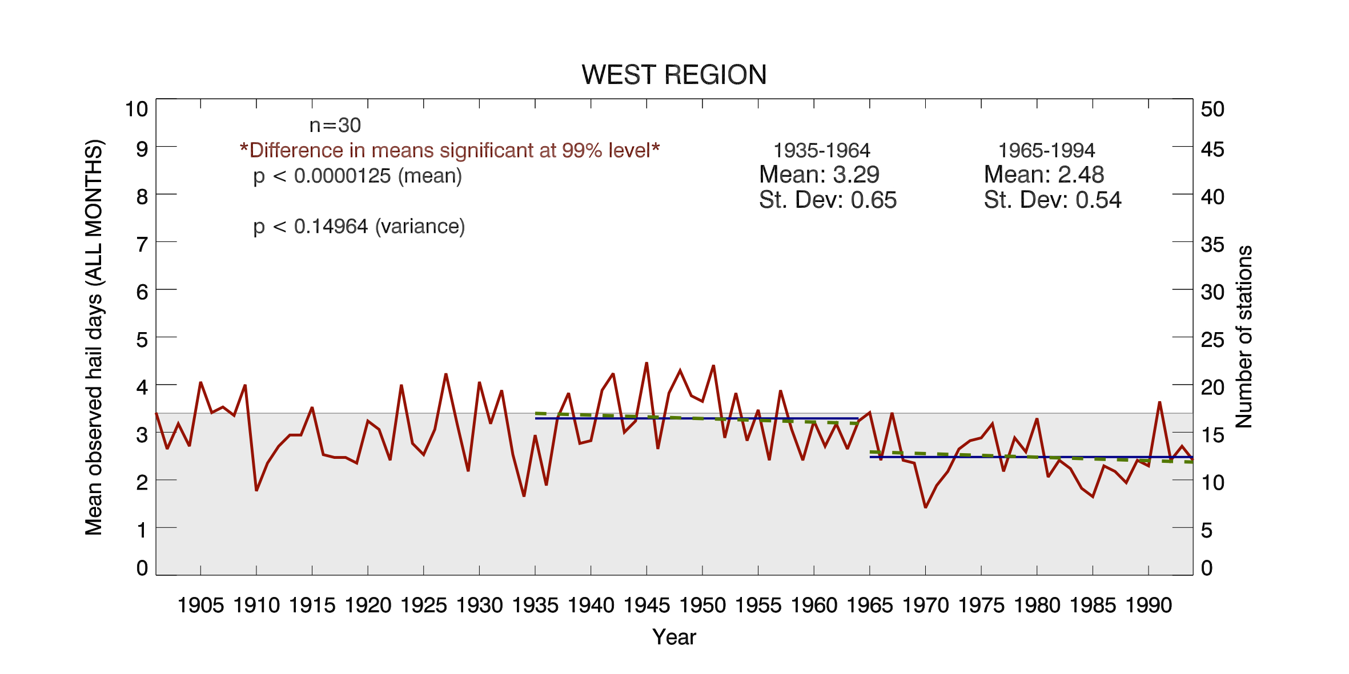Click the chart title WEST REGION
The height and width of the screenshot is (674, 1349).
click(674, 75)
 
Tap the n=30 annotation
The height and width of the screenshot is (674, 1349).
click(335, 126)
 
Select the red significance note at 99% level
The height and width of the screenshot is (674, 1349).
click(450, 151)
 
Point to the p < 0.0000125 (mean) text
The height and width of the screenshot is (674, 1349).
click(358, 176)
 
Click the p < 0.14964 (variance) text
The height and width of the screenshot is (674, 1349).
click(359, 227)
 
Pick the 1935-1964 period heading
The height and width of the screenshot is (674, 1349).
click(821, 151)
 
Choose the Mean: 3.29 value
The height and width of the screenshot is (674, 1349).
click(819, 175)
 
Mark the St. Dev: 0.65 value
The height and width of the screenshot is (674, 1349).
click(828, 200)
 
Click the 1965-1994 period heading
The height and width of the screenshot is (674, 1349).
click(1046, 151)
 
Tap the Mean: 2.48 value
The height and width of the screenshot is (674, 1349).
click(1044, 175)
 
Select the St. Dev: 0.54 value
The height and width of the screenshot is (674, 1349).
click(1053, 200)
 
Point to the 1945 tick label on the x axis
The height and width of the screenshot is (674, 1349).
click(647, 606)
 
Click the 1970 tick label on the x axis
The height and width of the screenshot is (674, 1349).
click(925, 606)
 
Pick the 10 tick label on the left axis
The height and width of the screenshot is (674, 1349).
click(136, 109)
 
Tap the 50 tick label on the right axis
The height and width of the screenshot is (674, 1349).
click(1213, 109)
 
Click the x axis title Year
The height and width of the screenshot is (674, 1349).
click(674, 637)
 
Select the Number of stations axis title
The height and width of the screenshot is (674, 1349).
click(1244, 337)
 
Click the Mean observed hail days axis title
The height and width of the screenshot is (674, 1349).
click(94, 337)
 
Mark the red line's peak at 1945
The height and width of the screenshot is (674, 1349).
click(647, 363)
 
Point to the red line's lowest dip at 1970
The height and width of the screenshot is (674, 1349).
click(925, 507)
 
